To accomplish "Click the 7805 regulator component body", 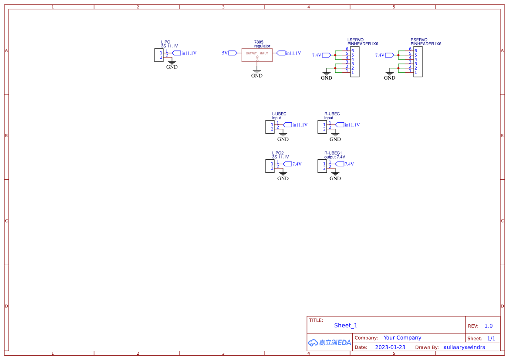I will [257, 55].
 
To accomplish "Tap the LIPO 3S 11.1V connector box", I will [158, 55].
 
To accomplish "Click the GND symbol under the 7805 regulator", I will [257, 71].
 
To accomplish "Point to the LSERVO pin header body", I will [355, 62].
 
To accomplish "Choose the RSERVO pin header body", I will [418, 62].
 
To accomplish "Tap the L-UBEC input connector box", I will [270, 127].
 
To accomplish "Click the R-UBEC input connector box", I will [322, 127].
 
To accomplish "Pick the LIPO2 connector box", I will [270, 166].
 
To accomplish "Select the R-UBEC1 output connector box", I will [322, 166].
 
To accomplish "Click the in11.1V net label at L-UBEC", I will [300, 125].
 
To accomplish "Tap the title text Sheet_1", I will [346, 325].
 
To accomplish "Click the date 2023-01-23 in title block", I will [390, 347].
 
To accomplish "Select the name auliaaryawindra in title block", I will [464, 347].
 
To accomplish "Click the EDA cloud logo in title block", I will [329, 343].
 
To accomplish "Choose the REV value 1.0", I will [489, 326].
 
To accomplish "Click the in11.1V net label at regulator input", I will [293, 53].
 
